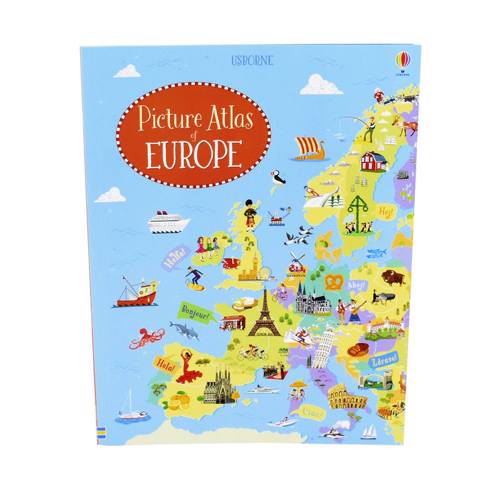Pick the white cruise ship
[x=167, y=221]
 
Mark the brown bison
[x=393, y=277]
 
